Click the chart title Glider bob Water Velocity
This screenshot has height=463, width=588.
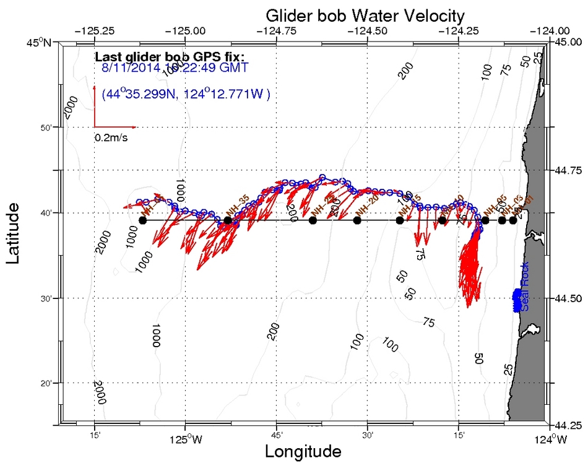pyautogui.click(x=365, y=15)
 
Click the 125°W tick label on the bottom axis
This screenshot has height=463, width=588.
pyautogui.click(x=184, y=440)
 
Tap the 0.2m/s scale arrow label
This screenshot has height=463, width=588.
pyautogui.click(x=111, y=137)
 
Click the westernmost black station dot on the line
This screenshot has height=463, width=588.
pyautogui.click(x=143, y=220)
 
